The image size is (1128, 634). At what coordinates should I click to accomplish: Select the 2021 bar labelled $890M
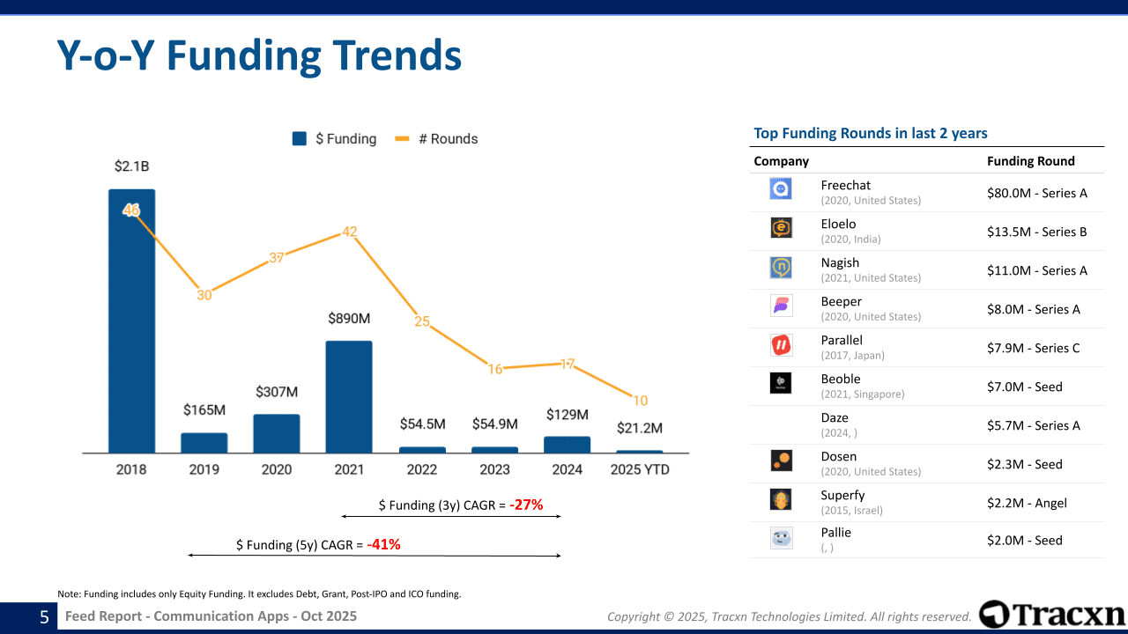click(349, 396)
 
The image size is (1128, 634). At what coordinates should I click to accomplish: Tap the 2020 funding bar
click(277, 433)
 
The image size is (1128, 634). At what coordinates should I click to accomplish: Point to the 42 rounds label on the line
click(350, 232)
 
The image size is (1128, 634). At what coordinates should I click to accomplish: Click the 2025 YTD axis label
click(640, 469)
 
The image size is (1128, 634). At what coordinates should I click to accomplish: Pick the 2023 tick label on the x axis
click(494, 469)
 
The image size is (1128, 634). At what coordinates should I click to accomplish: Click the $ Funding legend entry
click(335, 138)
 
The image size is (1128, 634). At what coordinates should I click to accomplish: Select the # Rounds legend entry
click(437, 138)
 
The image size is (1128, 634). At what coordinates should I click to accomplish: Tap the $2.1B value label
click(131, 166)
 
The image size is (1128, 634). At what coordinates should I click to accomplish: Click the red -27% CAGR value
click(526, 505)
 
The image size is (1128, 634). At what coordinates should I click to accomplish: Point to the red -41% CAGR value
click(383, 544)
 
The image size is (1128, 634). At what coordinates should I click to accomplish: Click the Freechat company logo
click(781, 188)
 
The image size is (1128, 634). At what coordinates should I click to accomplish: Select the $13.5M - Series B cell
click(1036, 232)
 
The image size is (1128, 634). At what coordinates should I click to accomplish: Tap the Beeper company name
click(841, 301)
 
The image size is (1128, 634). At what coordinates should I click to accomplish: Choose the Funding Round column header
click(1030, 161)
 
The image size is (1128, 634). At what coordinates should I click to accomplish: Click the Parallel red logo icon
click(781, 344)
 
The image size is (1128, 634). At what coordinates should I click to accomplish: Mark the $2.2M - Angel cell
click(1027, 503)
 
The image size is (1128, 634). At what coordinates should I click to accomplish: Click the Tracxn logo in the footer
click(1052, 614)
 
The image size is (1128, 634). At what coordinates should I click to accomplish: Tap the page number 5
click(44, 617)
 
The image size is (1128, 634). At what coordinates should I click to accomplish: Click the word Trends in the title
click(379, 55)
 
